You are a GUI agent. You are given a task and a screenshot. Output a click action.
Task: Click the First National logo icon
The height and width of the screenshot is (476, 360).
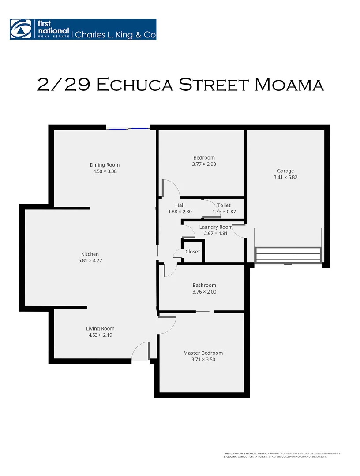(19, 29)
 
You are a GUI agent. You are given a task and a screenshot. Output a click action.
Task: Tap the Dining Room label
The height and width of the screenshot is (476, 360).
(105, 165)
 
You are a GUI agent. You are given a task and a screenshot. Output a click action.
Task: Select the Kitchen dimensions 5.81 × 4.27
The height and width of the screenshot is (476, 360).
(90, 260)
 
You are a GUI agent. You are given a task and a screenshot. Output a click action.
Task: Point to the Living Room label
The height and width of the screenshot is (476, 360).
(100, 328)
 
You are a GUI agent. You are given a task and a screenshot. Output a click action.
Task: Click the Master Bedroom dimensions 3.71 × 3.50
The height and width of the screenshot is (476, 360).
(203, 360)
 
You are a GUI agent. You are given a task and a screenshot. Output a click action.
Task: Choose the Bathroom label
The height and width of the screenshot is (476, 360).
(204, 285)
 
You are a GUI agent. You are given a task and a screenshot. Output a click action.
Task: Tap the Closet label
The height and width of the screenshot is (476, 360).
(193, 252)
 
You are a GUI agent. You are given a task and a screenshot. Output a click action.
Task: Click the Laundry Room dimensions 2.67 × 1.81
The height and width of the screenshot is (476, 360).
(216, 234)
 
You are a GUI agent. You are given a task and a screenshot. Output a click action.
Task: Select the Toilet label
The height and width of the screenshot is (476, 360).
(224, 205)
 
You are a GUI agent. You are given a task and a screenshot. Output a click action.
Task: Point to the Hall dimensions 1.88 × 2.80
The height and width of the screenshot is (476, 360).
(180, 212)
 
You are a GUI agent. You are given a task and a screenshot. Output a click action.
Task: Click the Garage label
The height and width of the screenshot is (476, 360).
(285, 171)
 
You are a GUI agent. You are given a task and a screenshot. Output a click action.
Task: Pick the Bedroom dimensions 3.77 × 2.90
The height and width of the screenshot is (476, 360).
(204, 164)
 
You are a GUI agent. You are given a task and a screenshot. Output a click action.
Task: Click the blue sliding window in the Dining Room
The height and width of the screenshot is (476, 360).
(128, 129)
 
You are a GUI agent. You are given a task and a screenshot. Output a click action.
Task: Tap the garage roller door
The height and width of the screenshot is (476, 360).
(288, 255)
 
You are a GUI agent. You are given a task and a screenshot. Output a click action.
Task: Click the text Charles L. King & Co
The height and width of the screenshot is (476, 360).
(115, 34)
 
